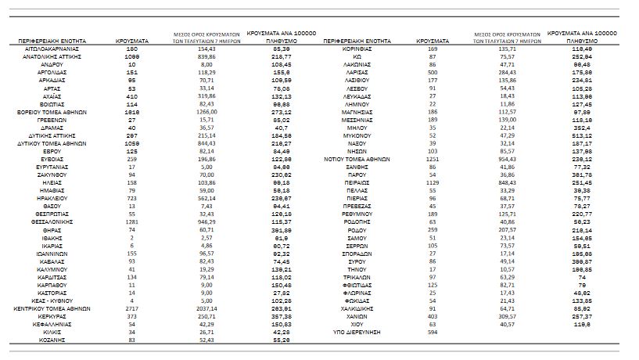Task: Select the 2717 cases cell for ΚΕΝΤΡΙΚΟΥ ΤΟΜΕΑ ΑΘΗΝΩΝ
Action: point(131,309)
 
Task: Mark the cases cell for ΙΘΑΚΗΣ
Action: point(131,238)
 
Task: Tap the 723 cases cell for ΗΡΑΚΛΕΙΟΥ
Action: point(131,199)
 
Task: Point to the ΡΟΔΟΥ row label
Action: point(361,230)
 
